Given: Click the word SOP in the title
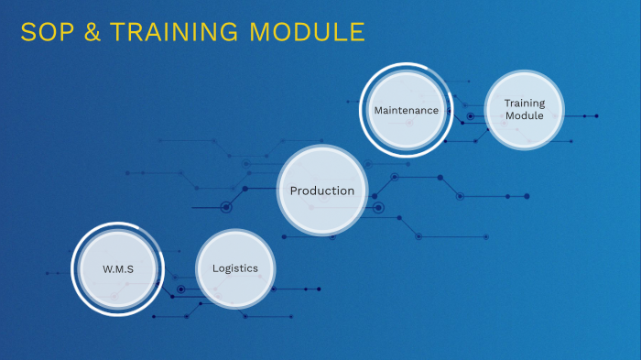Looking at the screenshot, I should [x=45, y=33].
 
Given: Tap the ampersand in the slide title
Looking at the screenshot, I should [x=90, y=33].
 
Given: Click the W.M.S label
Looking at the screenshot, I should [x=118, y=269].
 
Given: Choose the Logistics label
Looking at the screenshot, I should [x=235, y=268].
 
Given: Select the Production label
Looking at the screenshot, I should [x=321, y=191].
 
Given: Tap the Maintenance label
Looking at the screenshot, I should [x=406, y=110].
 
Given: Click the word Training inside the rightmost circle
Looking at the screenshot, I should [x=524, y=104].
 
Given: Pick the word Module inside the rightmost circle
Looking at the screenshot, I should [x=524, y=116].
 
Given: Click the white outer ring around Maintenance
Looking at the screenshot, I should [x=363, y=110].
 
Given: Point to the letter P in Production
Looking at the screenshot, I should [x=294, y=191].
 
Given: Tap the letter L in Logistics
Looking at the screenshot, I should [x=215, y=268].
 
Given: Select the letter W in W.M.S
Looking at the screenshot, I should [x=106, y=269].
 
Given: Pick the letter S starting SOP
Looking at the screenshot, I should [x=27, y=33].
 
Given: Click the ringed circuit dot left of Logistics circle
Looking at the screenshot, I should [x=180, y=289].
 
